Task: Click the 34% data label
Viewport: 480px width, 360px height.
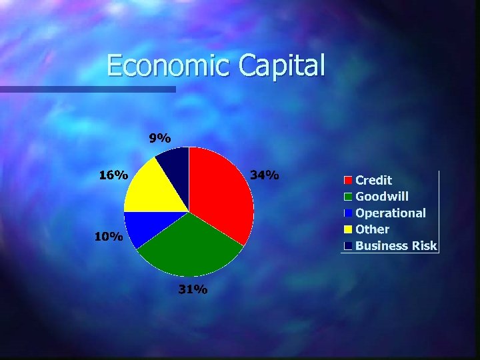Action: [x=264, y=175]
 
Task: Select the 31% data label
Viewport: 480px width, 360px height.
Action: [x=193, y=290]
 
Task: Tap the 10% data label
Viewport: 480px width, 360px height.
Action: [x=108, y=237]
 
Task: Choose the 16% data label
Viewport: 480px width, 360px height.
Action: [x=113, y=175]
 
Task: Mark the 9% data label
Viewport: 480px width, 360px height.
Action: [x=159, y=138]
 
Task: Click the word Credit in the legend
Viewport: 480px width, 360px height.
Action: [x=373, y=180]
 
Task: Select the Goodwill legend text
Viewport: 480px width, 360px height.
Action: [x=382, y=197]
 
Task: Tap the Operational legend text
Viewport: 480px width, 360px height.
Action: [x=390, y=213]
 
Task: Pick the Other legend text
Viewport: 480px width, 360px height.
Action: [x=372, y=229]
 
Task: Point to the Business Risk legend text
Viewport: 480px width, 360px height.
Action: [x=396, y=246]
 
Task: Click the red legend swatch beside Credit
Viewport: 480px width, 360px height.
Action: [x=348, y=180]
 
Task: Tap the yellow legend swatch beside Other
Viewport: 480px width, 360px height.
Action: [x=348, y=230]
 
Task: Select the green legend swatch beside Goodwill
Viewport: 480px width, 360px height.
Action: [x=348, y=197]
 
